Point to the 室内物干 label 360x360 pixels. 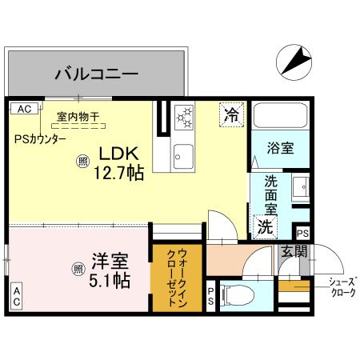[x=78, y=117]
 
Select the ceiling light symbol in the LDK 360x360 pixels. [x=82, y=161]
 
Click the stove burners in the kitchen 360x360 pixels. [x=186, y=118]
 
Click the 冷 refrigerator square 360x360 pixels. [x=230, y=114]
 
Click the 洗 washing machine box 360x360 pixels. [x=264, y=226]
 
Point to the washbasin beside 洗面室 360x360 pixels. [x=300, y=188]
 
